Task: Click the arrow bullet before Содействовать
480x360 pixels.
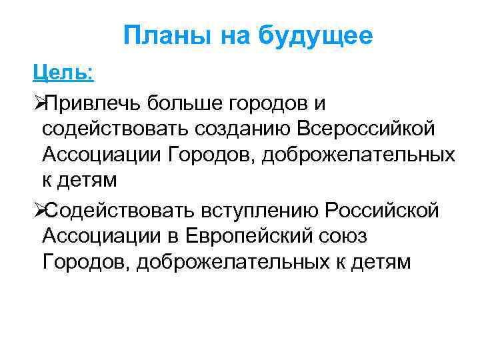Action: [x=39, y=211]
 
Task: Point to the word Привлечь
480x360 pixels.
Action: [x=92, y=104]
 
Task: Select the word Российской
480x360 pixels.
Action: [x=382, y=211]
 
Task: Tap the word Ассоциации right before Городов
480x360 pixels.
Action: [x=102, y=154]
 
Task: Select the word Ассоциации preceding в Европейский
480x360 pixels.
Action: [x=102, y=236]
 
